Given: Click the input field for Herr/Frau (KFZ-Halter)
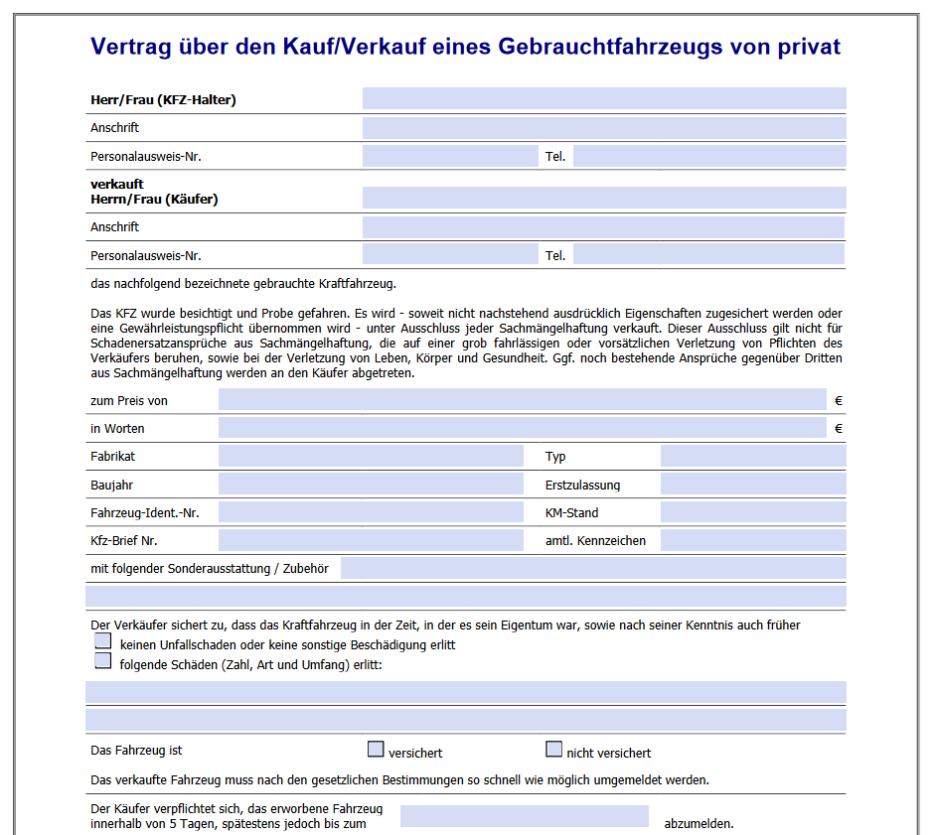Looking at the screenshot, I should tap(604, 98).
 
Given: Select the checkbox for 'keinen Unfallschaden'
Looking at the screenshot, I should tap(102, 641).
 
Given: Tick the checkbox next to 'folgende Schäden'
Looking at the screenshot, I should tap(102, 661).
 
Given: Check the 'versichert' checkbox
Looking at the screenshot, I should tap(376, 750).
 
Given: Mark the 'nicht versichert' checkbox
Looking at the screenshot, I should tap(553, 750).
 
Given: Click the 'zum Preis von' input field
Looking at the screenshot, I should tap(522, 400).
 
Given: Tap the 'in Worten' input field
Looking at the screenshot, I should tap(522, 428).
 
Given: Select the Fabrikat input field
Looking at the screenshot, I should tap(370, 456).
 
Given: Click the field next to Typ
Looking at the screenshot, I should tap(752, 456).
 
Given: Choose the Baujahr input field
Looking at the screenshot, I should tap(370, 485).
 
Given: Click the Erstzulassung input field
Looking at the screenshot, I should tap(752, 485).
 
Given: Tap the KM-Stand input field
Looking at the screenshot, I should tap(752, 512).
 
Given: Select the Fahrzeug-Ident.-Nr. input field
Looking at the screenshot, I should tap(370, 512).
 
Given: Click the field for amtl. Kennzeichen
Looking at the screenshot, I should tap(752, 540).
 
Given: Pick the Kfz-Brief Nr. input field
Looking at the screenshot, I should tap(370, 540).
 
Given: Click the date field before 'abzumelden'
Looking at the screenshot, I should tap(524, 816).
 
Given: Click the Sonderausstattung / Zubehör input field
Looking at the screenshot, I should tap(592, 568).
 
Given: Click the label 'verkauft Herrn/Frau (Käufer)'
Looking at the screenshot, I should tap(154, 192).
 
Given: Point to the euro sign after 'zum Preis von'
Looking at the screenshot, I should tap(839, 401).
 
